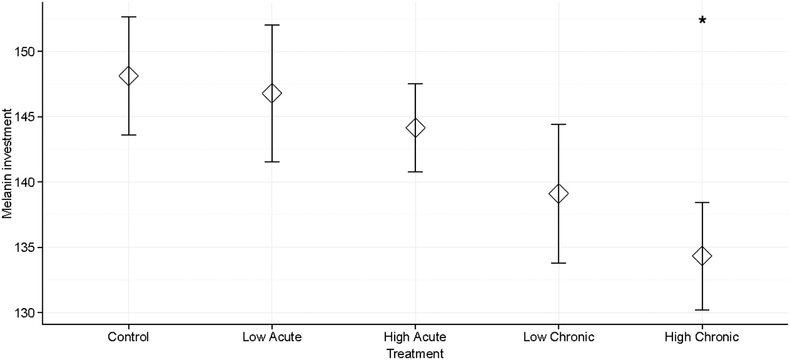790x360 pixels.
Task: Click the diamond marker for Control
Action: [x=128, y=76]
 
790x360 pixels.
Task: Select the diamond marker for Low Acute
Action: [x=272, y=93]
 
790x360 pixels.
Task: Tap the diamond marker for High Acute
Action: [x=415, y=128]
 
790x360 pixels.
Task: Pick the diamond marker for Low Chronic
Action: [x=558, y=194]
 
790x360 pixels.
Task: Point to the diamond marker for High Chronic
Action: [x=701, y=256]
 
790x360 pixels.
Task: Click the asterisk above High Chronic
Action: [x=702, y=21]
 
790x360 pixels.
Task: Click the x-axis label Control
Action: [x=128, y=337]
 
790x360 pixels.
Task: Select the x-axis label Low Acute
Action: [x=272, y=337]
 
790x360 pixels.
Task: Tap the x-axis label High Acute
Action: [x=415, y=337]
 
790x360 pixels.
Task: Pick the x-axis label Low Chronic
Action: [x=558, y=337]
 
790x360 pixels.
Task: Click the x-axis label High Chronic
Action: [x=701, y=337]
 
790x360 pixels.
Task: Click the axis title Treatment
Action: [x=415, y=353]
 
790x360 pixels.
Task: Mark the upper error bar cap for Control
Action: [x=128, y=17]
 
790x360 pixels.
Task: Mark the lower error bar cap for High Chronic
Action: [x=701, y=310]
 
